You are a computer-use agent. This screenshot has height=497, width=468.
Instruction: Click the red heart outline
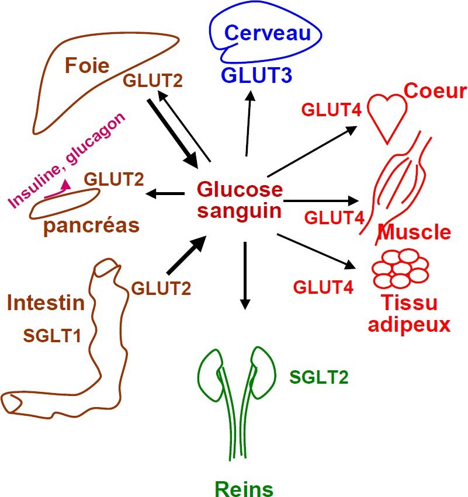(x=386, y=111)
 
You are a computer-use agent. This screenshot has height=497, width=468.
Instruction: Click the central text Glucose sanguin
(x=240, y=200)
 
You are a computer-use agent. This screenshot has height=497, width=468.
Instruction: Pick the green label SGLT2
(x=319, y=377)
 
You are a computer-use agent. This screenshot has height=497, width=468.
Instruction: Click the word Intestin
(x=46, y=303)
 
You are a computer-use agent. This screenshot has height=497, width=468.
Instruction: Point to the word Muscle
(x=415, y=232)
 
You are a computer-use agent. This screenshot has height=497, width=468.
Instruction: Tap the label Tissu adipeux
(x=409, y=313)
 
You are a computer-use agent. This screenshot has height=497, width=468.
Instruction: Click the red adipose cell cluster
(x=401, y=268)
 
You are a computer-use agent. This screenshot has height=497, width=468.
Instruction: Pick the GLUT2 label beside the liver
(x=152, y=81)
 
